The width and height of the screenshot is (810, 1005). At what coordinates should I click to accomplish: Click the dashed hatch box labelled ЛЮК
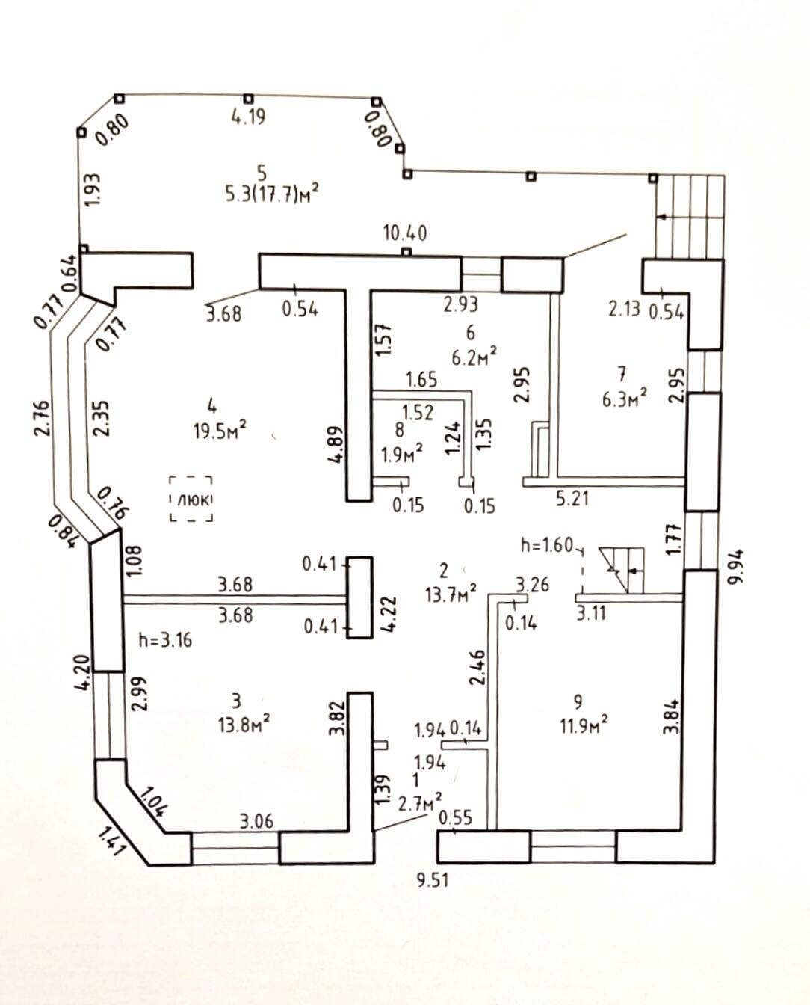[191, 498]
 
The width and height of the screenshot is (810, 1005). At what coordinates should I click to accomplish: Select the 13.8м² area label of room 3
[240, 725]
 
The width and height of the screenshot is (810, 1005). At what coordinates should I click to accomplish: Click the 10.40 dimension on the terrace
[405, 233]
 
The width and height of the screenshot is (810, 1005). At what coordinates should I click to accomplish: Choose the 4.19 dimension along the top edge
[248, 117]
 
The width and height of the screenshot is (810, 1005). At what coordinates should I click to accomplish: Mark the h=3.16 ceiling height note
[165, 640]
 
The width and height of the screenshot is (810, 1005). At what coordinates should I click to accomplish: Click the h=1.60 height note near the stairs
[547, 545]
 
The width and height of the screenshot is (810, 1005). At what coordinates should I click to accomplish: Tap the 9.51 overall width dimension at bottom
[433, 880]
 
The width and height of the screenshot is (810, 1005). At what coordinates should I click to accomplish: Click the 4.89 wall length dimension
[336, 446]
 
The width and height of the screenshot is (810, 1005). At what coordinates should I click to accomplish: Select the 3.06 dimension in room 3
[256, 820]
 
